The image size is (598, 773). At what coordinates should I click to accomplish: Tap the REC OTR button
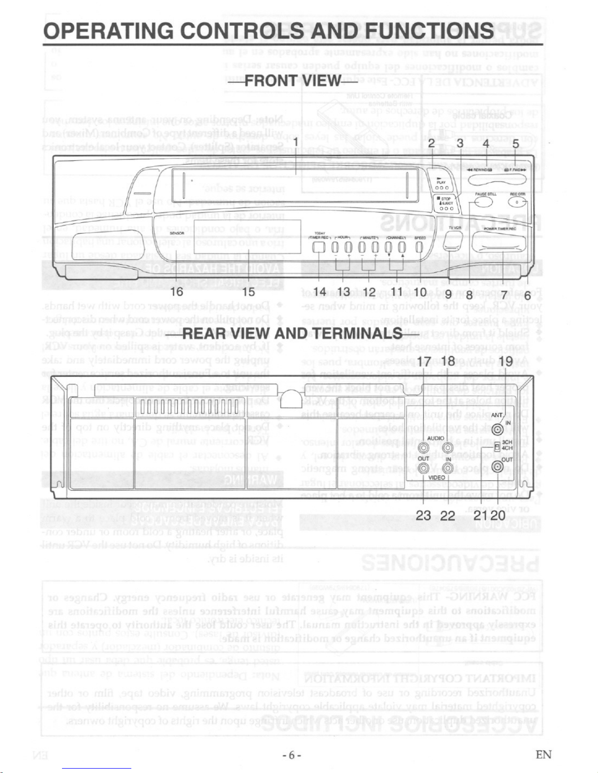[x=516, y=202]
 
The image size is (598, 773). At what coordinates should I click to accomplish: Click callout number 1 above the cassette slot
[x=295, y=142]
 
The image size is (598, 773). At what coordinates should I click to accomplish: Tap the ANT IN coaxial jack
[x=497, y=430]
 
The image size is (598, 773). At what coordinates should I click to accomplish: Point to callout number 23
[x=424, y=515]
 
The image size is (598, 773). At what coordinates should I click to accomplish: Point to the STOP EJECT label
[x=447, y=201]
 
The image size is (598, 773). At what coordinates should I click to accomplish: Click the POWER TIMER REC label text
[x=500, y=228]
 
